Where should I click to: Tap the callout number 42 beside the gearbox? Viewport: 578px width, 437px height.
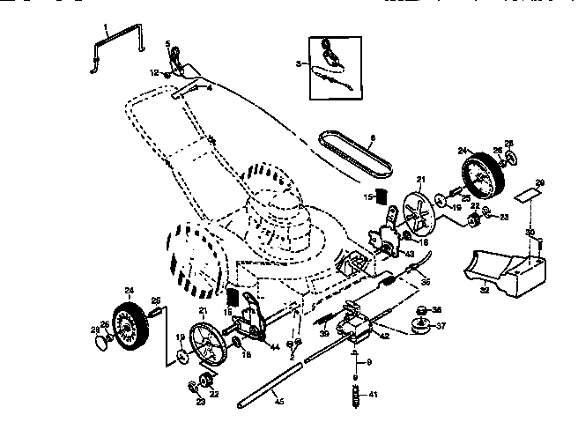(384, 336)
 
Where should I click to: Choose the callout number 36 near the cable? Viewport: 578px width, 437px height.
(425, 283)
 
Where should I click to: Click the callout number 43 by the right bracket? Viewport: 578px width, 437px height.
(409, 255)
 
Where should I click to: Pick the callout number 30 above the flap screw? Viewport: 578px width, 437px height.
(530, 233)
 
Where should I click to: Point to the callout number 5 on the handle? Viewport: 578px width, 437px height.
(167, 43)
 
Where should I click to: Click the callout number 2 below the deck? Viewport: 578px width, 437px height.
(292, 356)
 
